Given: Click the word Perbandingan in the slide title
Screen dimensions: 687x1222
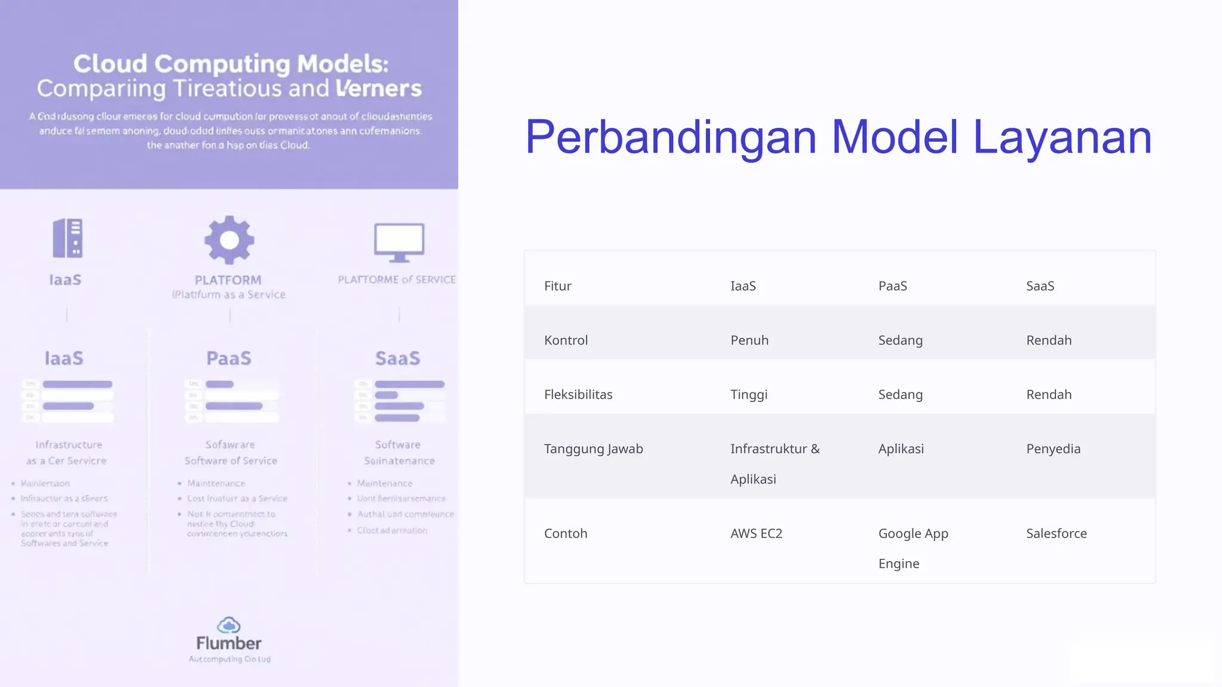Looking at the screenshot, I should [x=670, y=138].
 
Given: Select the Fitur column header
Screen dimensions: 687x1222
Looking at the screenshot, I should [x=557, y=286].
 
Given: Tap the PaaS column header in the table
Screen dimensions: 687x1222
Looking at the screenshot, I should [x=892, y=286].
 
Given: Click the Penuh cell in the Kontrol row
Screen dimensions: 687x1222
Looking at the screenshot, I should [x=749, y=341].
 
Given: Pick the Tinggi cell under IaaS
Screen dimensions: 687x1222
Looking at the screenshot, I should [x=748, y=395].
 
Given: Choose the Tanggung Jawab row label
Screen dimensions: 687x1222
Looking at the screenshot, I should [x=593, y=449].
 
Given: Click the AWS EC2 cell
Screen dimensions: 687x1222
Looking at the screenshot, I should [x=756, y=534].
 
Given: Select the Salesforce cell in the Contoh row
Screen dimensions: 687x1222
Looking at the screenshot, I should [x=1056, y=534].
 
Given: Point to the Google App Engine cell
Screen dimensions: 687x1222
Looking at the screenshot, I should [x=912, y=548].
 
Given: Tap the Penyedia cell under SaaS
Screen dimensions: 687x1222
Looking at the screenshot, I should [x=1053, y=449].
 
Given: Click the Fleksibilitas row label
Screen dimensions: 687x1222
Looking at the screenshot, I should [x=578, y=395].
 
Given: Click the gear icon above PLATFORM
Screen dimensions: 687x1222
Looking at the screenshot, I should [x=229, y=240].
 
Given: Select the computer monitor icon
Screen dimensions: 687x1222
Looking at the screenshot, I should [x=399, y=242].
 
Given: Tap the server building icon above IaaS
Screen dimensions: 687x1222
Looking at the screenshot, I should [x=67, y=238].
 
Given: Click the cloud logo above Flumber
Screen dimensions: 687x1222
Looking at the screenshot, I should [x=229, y=625].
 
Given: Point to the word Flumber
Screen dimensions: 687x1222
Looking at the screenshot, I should [x=229, y=643].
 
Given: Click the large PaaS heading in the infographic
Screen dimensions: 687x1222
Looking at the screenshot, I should [x=229, y=358].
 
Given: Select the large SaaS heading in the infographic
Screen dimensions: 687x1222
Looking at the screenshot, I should [x=397, y=358].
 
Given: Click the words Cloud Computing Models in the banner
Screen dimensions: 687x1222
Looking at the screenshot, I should [x=230, y=64].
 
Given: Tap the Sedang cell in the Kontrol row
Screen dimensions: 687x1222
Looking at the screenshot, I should [x=900, y=341].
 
